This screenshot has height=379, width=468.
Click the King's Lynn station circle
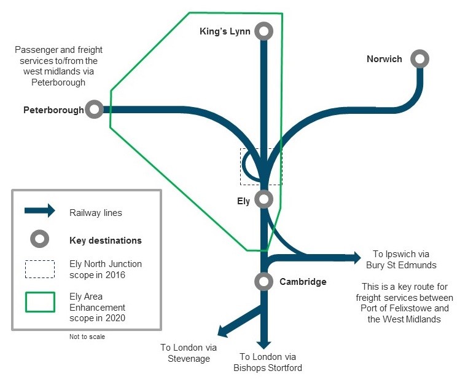click(264, 31)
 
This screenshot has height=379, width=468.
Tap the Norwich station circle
click(420, 59)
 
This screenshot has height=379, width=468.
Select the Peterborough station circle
click(95, 110)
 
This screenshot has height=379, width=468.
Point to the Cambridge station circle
click(263, 281)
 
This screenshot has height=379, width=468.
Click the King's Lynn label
click(225, 31)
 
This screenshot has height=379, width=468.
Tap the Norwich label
click(384, 59)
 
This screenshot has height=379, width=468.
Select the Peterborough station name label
click(53, 110)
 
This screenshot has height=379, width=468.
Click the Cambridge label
click(303, 282)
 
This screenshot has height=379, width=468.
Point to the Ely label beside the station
click(244, 201)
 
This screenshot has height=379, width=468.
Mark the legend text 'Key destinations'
click(106, 240)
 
